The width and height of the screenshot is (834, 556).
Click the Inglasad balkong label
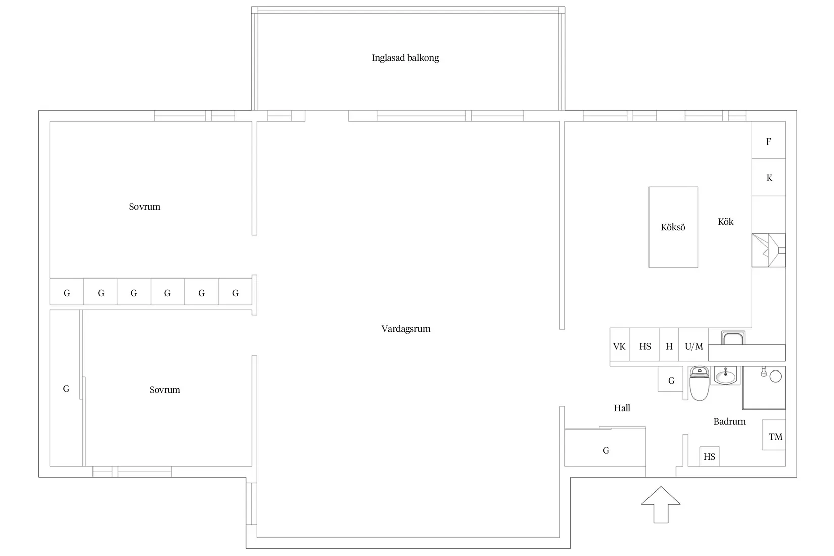click(405, 58)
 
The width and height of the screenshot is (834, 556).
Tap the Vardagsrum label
click(405, 329)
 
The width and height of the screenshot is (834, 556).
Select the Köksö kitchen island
click(673, 227)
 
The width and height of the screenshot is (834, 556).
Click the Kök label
click(725, 222)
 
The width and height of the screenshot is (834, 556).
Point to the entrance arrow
click(661, 504)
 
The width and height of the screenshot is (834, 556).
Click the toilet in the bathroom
click(699, 383)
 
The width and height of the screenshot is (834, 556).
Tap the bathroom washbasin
click(725, 376)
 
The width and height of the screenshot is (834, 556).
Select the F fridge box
click(768, 140)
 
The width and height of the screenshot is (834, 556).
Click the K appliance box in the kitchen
click(768, 177)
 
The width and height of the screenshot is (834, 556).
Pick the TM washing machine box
click(774, 435)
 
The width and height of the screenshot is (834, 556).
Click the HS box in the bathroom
click(709, 456)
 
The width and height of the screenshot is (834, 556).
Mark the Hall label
click(622, 408)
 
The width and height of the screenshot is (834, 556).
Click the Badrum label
click(729, 421)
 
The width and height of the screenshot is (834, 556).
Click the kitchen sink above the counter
click(733, 338)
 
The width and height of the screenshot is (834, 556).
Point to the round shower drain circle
click(775, 377)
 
